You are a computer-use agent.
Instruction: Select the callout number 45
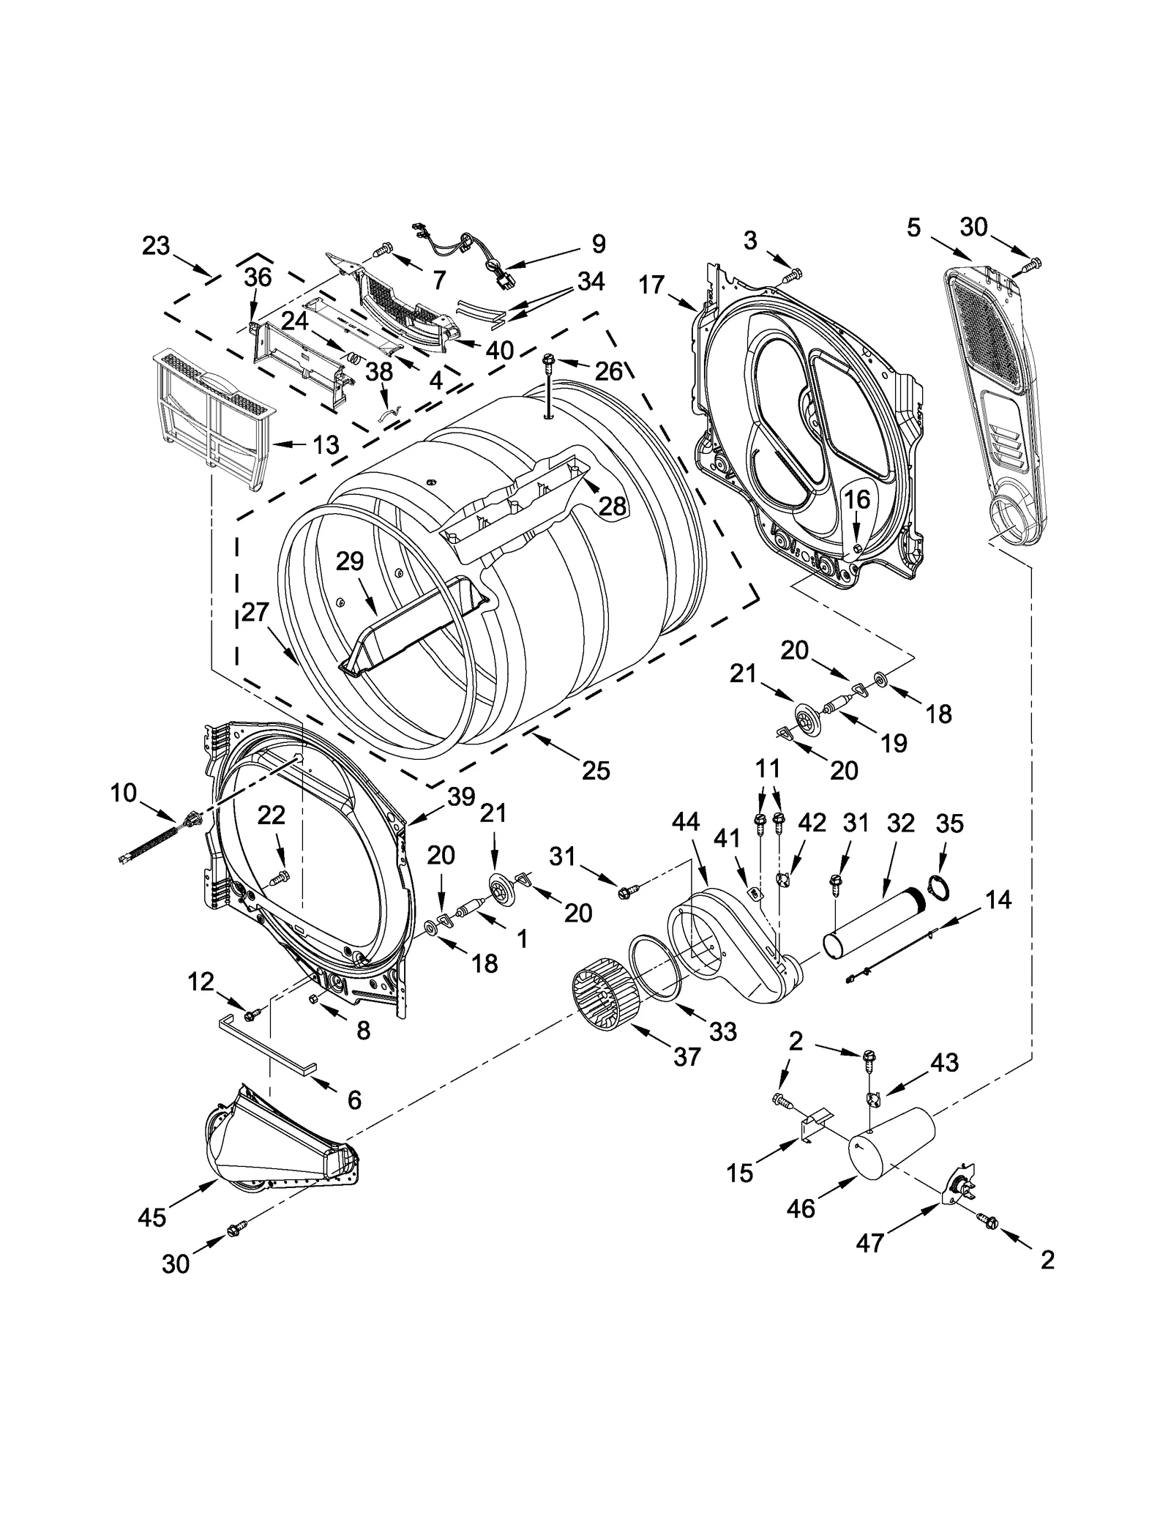pos(152,1217)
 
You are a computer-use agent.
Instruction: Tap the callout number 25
pos(596,770)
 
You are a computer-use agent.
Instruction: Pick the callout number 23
pos(156,246)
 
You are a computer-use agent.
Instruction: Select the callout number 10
pos(124,792)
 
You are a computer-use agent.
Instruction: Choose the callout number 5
pos(913,228)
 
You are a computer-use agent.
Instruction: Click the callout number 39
pos(461,797)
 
